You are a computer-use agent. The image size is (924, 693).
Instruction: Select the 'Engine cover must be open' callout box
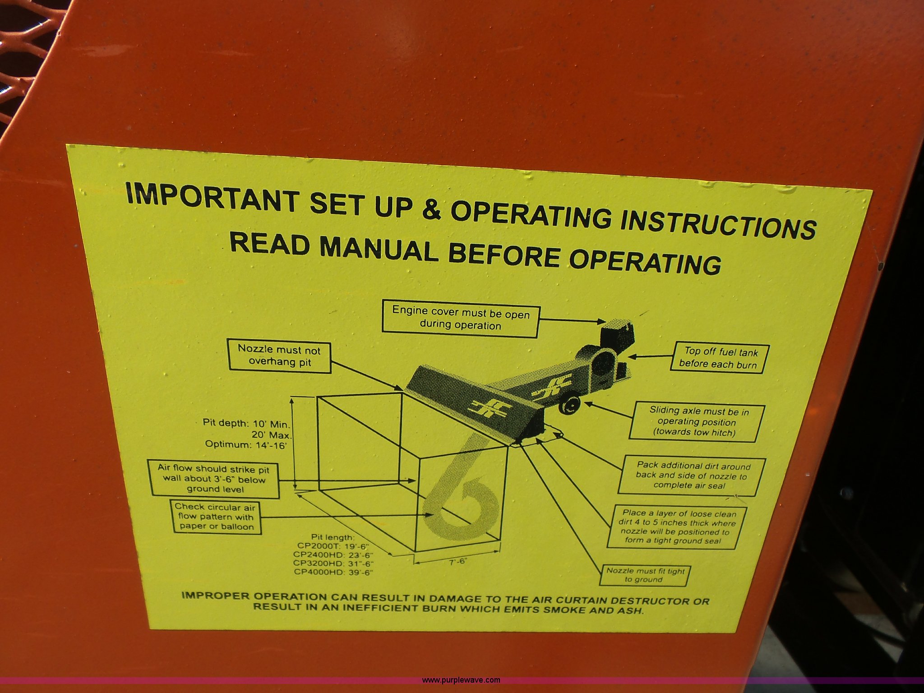(461, 319)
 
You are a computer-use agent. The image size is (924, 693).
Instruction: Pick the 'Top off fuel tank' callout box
(720, 358)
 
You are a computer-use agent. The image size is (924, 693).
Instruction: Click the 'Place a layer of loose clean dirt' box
(676, 527)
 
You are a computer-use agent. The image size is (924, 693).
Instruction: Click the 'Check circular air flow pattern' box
(215, 517)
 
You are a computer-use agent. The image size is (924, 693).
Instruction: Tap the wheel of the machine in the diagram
(569, 405)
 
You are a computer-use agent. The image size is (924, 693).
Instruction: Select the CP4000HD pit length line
(333, 572)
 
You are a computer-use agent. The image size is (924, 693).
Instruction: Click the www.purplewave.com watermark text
(461, 680)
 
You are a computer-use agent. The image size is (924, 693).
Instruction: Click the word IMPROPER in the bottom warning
(215, 596)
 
